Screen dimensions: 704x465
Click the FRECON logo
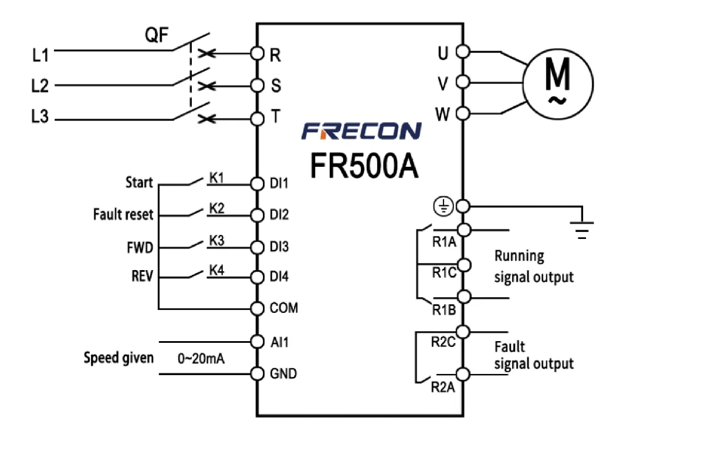(x=361, y=131)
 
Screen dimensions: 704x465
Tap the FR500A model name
(x=364, y=166)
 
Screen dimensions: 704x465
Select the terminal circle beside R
(x=257, y=53)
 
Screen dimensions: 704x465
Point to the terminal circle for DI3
(x=257, y=247)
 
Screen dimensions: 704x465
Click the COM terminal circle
(x=257, y=308)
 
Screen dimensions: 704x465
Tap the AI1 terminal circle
(x=257, y=342)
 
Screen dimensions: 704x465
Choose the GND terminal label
(x=283, y=374)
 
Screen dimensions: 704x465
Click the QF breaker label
(x=157, y=35)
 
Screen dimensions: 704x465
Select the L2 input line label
(x=40, y=86)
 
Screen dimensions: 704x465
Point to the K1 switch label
(x=216, y=178)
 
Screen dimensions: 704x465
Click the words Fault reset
(x=123, y=214)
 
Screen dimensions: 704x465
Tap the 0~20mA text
(x=201, y=359)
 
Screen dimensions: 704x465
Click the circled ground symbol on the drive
(x=444, y=207)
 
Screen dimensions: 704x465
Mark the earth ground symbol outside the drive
(x=582, y=230)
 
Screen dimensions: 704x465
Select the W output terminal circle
(x=463, y=113)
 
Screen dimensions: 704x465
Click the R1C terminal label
(x=444, y=273)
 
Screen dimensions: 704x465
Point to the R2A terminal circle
(x=463, y=375)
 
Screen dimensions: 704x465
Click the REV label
(x=143, y=276)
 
